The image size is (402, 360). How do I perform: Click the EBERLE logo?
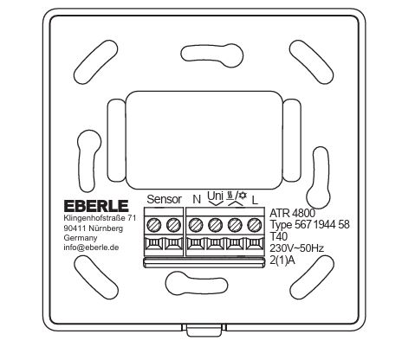(x=96, y=206)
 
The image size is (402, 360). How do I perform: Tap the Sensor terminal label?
(x=165, y=199)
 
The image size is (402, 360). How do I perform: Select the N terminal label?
(x=197, y=199)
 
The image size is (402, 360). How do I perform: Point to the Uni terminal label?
(x=216, y=196)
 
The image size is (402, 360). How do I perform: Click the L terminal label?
(x=255, y=200)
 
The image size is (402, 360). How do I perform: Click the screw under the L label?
(x=255, y=225)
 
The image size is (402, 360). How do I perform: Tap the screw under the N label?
(x=196, y=225)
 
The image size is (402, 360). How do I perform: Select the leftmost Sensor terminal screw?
(x=154, y=225)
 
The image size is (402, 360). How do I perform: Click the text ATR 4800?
(x=292, y=213)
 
